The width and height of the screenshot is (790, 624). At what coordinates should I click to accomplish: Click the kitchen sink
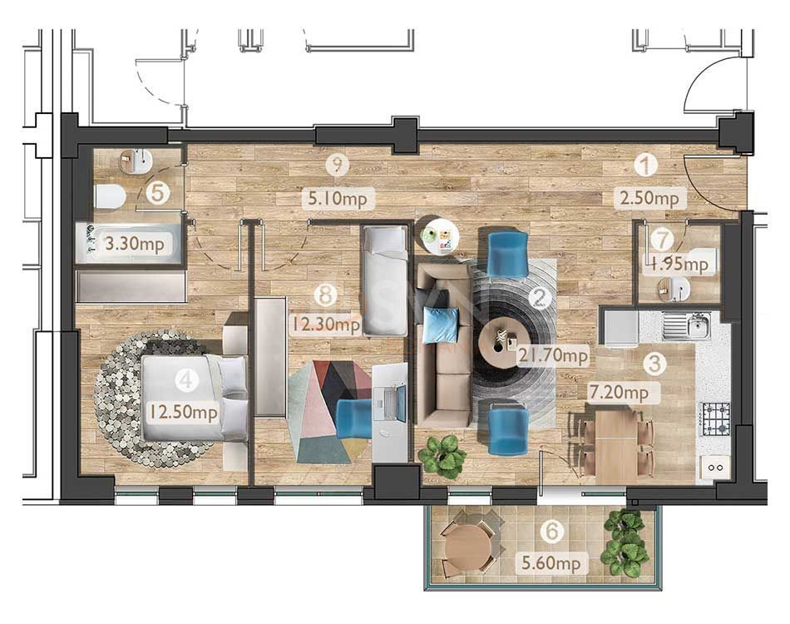pos(697,325)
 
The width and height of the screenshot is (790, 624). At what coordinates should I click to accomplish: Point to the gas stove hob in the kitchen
pos(716,412)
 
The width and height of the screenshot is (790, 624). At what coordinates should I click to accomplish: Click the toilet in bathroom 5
pos(110,196)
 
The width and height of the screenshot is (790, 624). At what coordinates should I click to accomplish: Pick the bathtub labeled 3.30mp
pos(129,245)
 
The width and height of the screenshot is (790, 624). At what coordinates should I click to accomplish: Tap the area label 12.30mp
pos(325,324)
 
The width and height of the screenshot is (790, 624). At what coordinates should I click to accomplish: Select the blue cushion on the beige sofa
pos(441,324)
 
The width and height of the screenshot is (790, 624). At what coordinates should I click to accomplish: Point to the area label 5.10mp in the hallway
pos(337,199)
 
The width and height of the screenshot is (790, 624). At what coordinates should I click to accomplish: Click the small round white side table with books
pos(441,235)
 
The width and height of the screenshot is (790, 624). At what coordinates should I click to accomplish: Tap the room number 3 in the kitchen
pos(657,363)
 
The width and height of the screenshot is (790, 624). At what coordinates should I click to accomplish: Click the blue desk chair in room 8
pos(354,418)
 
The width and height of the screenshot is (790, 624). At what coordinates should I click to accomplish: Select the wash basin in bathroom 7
pos(674,288)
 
